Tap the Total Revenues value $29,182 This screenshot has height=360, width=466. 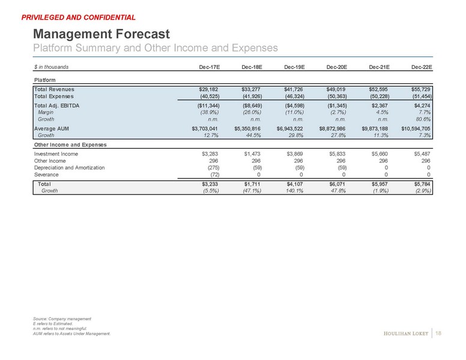pyautogui.click(x=204, y=89)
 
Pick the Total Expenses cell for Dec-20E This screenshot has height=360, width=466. pyautogui.click(x=337, y=96)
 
